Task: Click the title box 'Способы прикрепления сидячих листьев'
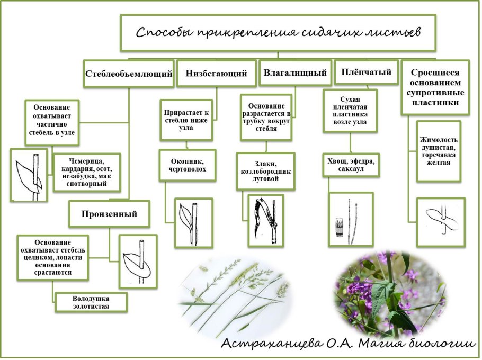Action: point(278,33)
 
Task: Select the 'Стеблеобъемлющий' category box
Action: point(129,74)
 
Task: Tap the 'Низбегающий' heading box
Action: point(217,74)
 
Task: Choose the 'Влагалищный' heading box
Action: point(295,73)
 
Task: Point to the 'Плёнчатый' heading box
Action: point(367,72)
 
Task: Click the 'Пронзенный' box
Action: point(109,214)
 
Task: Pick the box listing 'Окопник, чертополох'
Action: point(188,165)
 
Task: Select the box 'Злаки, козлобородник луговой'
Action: point(265,172)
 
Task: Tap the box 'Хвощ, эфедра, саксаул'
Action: point(351,165)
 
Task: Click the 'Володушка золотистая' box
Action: point(91,302)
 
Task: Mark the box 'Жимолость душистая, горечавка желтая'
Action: point(439,151)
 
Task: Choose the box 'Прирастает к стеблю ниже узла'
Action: point(186,120)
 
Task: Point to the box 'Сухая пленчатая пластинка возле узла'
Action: point(350,111)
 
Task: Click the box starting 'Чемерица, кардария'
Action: point(87,173)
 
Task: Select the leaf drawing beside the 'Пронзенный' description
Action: point(138,262)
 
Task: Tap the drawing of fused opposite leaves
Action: point(441,222)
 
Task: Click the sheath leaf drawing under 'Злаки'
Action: point(265,220)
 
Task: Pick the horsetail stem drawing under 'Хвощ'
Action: point(351,219)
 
